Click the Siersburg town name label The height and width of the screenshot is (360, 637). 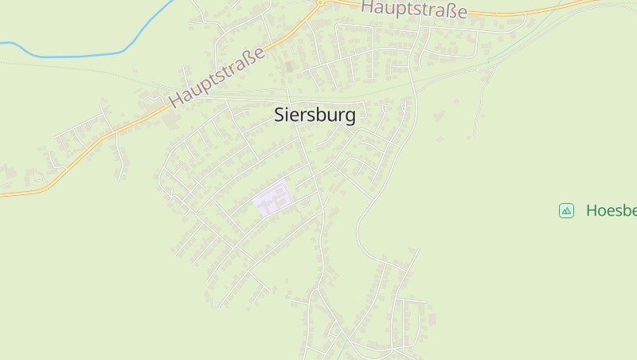[315, 115]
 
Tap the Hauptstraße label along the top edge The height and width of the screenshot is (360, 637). [413, 10]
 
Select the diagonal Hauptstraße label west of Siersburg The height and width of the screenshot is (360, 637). [217, 77]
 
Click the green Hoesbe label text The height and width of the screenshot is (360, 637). [611, 210]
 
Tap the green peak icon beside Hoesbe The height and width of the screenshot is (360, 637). [566, 210]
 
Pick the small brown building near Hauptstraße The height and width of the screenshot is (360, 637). [288, 66]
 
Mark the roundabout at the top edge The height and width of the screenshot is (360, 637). [320, 2]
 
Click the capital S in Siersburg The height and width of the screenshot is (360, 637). [279, 115]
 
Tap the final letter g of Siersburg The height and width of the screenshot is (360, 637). [350, 117]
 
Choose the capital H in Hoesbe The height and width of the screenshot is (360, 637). [592, 210]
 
